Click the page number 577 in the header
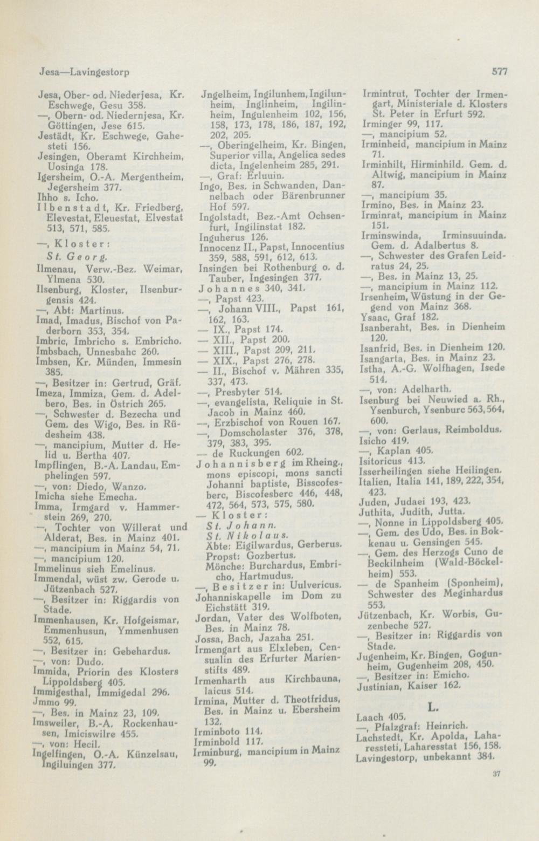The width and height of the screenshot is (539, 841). (x=500, y=70)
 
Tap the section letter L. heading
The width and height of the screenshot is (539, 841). (x=432, y=706)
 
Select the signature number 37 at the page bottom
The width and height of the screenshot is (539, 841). (x=496, y=773)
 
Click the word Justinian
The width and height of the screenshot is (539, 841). (x=376, y=686)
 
